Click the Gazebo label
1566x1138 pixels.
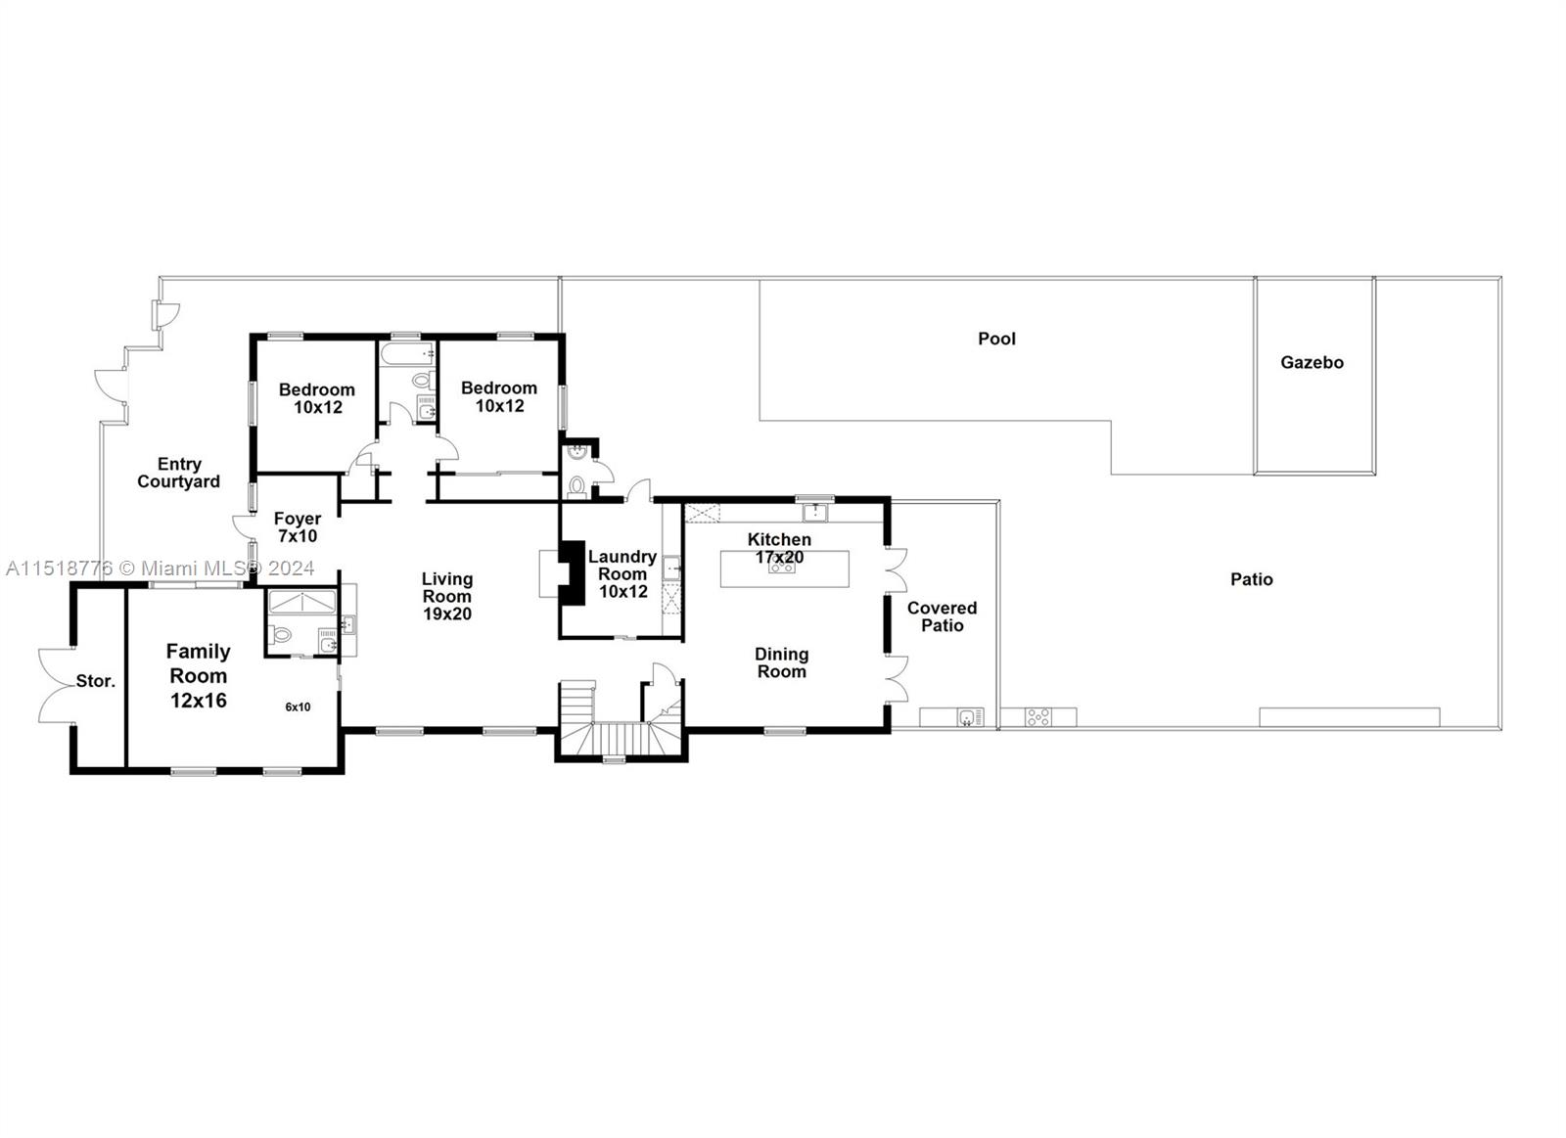pos(1312,362)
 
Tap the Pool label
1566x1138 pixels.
pos(996,339)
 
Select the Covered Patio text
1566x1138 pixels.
pos(942,616)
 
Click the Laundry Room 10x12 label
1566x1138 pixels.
pos(622,573)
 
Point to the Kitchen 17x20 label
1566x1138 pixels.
pos(779,548)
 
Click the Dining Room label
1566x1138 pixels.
pos(781,662)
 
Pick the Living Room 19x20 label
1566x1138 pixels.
pos(447,596)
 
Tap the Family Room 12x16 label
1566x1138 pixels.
pos(199,675)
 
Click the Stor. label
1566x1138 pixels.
pos(96,681)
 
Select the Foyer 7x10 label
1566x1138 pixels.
pos(297,527)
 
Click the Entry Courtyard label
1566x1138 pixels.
pos(178,473)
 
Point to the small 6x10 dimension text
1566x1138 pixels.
pos(298,706)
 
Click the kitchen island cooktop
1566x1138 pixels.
pos(781,567)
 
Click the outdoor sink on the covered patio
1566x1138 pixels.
pos(969,717)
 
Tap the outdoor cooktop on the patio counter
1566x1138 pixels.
pos(1037,717)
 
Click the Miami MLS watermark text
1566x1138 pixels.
pos(161,568)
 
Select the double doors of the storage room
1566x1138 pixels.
pos(54,685)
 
